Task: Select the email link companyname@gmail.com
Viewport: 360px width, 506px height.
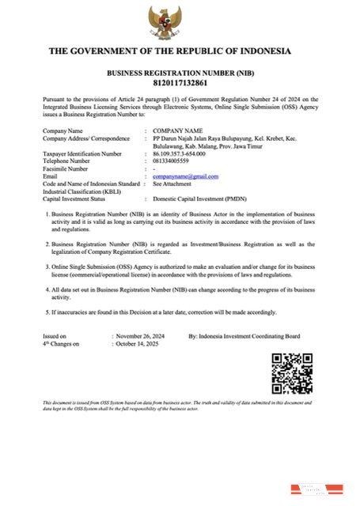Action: (185, 176)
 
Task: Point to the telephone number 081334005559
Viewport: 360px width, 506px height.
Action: (176, 160)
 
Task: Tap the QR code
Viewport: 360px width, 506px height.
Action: (292, 373)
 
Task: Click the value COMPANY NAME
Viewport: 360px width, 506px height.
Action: (178, 130)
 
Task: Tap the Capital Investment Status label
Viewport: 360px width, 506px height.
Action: (78, 198)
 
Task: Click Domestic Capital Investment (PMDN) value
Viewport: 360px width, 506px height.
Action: (198, 198)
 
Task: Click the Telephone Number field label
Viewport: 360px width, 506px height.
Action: (70, 160)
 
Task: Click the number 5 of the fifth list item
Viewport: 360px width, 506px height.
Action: (46, 312)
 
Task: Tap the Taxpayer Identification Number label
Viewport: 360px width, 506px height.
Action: (82, 153)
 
